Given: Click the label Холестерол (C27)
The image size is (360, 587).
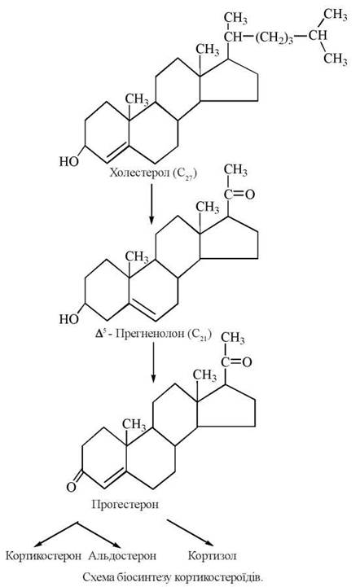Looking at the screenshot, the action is tap(153, 173).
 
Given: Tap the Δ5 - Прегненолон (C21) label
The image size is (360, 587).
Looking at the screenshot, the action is tap(153, 334).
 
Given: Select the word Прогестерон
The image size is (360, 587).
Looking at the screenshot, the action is tap(125, 504).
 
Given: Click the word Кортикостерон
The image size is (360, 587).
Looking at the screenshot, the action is tap(43, 555).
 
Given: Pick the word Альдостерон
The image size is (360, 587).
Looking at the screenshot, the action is tap(122, 555).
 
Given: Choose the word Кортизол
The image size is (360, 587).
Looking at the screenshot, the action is tap(213, 555).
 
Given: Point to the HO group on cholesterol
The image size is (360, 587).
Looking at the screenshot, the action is tap(69, 161).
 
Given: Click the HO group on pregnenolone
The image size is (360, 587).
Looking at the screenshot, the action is tap(69, 319).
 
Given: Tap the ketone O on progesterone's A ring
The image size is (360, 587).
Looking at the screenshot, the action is tap(71, 487).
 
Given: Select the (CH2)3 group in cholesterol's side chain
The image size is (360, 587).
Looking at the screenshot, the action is tap(274, 37).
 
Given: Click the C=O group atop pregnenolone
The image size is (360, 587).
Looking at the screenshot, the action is tap(239, 194).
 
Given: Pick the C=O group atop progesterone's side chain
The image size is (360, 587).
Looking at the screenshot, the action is tap(236, 362).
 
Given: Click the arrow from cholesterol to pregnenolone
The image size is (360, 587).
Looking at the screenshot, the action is tap(151, 204).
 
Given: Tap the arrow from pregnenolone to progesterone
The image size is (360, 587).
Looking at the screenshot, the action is tap(153, 362).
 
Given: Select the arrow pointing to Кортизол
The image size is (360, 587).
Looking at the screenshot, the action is tap(191, 532).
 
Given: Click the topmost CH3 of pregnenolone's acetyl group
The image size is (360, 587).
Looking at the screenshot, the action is tap(235, 170).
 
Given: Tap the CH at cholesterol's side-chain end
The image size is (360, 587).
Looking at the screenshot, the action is tap(318, 36).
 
